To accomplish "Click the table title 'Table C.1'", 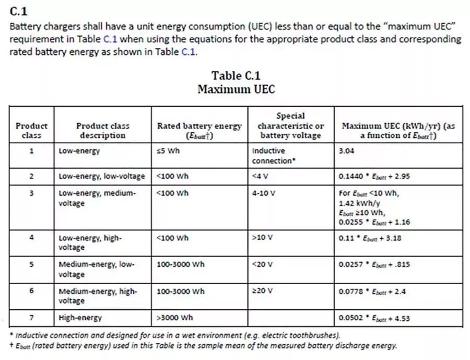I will (x=236, y=76).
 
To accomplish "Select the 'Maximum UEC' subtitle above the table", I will (x=236, y=89).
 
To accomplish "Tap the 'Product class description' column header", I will (x=102, y=131).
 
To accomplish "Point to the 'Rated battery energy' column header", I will (x=199, y=131).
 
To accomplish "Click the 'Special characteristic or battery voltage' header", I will (x=290, y=125).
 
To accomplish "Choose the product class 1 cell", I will (x=31, y=151).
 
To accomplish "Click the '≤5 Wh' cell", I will (x=168, y=151).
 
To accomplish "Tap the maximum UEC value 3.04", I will (x=347, y=151).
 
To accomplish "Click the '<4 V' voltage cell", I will (x=260, y=176).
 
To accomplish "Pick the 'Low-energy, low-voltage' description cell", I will (x=102, y=176).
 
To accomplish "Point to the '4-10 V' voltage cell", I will (x=264, y=193).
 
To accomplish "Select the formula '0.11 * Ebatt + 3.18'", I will (x=370, y=238).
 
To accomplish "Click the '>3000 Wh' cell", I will (x=175, y=317).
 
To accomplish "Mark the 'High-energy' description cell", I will (x=80, y=317).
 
